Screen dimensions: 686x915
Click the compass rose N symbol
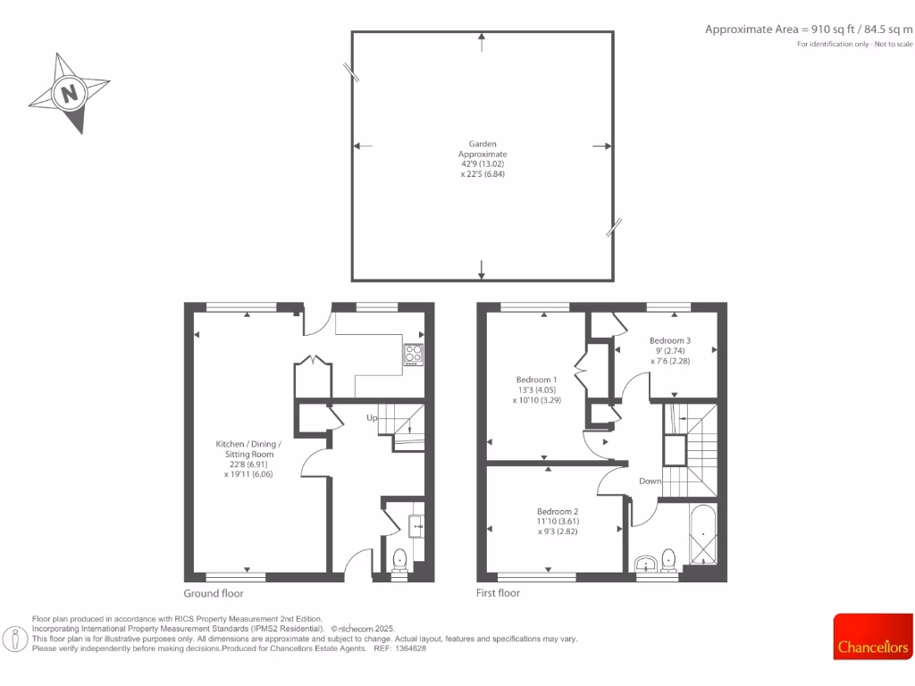[69, 92]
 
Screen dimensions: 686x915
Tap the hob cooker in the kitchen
[414, 355]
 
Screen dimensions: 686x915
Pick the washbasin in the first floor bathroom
[645, 563]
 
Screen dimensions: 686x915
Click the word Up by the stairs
[371, 417]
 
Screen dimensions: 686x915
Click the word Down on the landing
[650, 481]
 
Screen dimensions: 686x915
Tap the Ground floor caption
[214, 593]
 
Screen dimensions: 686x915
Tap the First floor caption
[499, 593]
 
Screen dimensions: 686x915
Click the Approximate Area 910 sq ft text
[809, 29]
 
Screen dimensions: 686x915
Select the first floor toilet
[668, 560]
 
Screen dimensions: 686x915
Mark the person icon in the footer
[15, 638]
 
